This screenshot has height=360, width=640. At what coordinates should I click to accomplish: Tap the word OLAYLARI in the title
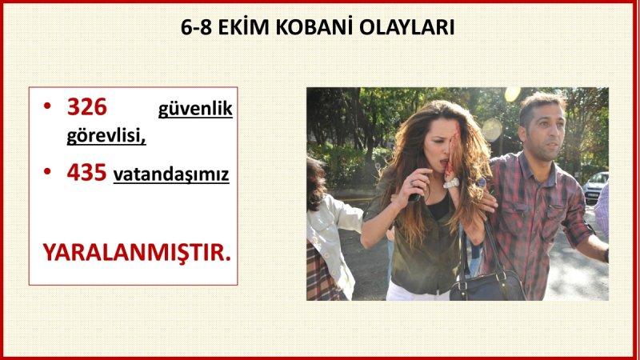tap(409, 27)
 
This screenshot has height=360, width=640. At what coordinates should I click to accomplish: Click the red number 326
tap(86, 107)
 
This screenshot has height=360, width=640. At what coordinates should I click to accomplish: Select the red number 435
tap(86, 172)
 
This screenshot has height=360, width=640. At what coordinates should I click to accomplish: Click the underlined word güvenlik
tap(195, 109)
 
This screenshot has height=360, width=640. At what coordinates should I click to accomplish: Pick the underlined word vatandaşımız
tap(171, 174)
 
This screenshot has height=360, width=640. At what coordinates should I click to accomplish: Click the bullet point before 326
tap(48, 107)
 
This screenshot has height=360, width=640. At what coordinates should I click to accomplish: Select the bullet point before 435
tap(48, 172)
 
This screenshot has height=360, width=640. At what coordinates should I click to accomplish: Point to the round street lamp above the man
tap(512, 94)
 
